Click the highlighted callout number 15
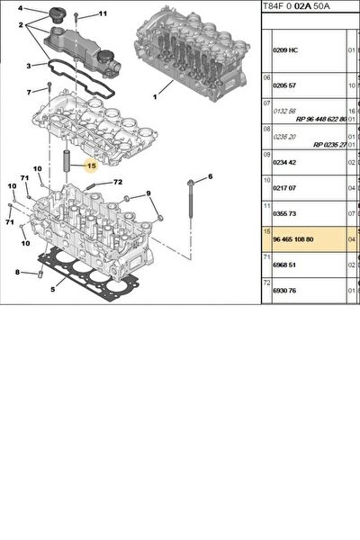click(x=92, y=166)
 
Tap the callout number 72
click(x=118, y=182)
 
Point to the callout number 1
click(x=155, y=97)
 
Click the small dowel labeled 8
click(x=40, y=274)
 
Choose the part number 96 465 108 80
click(x=293, y=239)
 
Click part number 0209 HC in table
click(x=285, y=50)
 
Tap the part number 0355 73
click(x=284, y=214)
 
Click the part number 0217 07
click(x=284, y=188)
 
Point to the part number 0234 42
click(x=284, y=163)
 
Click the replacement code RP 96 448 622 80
click(x=321, y=119)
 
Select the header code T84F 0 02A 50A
click(x=296, y=6)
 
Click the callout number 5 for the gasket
click(x=53, y=290)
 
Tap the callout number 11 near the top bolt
click(x=103, y=13)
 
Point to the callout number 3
click(x=29, y=66)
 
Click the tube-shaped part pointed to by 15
click(x=66, y=161)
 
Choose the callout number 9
click(x=148, y=193)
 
